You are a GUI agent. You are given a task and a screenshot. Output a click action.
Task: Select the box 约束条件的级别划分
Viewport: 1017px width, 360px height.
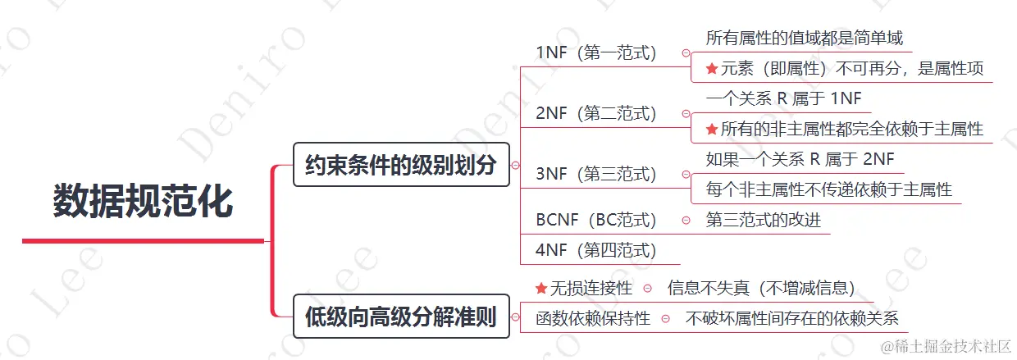click(x=401, y=165)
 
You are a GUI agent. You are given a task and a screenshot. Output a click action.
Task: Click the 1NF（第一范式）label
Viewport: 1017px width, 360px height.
click(x=596, y=53)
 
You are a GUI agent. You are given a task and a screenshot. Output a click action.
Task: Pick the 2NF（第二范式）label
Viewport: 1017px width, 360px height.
click(x=596, y=113)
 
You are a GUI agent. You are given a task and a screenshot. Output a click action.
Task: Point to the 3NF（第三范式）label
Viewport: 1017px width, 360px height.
click(x=596, y=174)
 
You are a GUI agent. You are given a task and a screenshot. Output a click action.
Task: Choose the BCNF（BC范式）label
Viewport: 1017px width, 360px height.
click(x=596, y=220)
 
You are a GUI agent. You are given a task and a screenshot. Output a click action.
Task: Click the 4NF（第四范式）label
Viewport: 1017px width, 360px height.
click(x=596, y=250)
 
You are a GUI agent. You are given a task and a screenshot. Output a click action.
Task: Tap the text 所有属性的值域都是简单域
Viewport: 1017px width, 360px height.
click(x=805, y=38)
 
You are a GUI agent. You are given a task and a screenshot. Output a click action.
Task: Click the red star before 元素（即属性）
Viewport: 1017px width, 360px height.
click(x=712, y=69)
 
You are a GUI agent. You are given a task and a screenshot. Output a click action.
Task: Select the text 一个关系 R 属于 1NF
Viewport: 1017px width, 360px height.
click(x=784, y=98)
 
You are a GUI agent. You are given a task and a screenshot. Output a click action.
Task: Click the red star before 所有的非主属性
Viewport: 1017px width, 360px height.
click(x=712, y=129)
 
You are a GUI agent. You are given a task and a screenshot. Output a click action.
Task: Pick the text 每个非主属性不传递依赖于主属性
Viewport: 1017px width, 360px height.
click(x=829, y=189)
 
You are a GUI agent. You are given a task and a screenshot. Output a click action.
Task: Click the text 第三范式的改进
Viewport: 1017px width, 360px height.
click(x=764, y=220)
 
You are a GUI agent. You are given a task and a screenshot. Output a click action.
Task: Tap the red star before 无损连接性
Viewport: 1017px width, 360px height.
click(x=540, y=288)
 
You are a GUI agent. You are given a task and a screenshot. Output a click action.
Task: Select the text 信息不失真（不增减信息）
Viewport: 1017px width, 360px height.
click(x=762, y=288)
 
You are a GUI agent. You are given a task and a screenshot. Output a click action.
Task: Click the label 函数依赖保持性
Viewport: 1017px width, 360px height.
click(x=593, y=318)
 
